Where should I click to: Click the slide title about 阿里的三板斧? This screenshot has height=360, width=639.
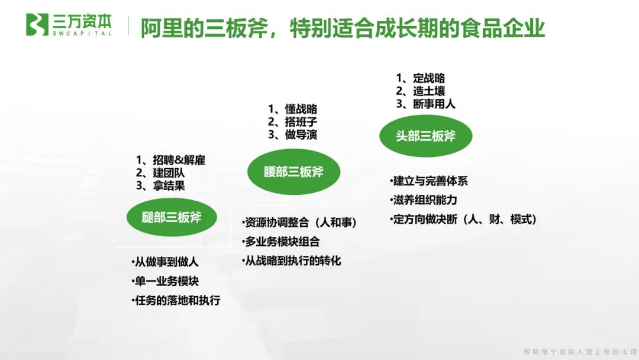[x=342, y=27]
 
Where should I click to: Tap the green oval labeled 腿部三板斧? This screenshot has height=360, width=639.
[x=172, y=217]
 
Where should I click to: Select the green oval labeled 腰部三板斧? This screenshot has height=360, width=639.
[x=293, y=172]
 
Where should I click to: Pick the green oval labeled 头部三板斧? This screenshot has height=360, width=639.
[x=425, y=136]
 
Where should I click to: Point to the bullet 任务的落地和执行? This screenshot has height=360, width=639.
[x=177, y=300]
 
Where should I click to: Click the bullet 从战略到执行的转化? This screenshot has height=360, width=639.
[x=292, y=261]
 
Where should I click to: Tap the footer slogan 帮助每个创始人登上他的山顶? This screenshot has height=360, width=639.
[x=578, y=352]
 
